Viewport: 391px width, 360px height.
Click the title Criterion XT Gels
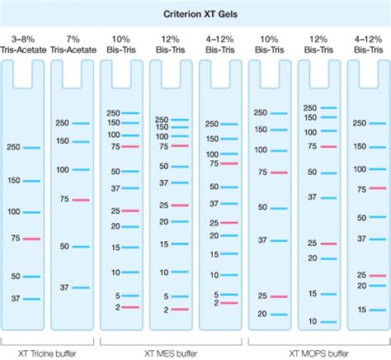point(195,14)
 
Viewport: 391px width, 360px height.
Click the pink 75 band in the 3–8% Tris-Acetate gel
point(31,239)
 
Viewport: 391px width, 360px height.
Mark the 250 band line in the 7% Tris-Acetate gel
point(80,123)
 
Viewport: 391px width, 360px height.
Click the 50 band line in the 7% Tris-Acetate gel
point(80,246)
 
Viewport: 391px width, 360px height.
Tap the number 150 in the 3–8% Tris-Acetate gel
point(12,181)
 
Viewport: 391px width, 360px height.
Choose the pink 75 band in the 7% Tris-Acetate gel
point(80,200)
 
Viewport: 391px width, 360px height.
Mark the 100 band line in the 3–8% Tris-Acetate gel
point(31,211)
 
